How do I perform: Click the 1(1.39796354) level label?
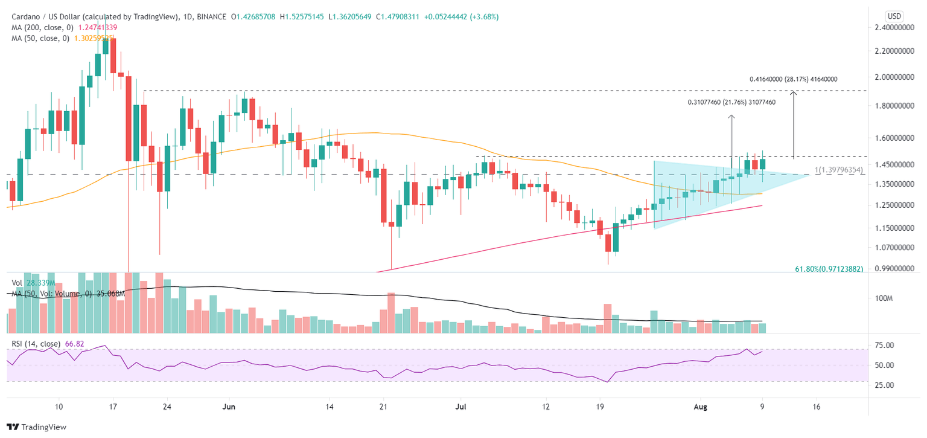839,171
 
